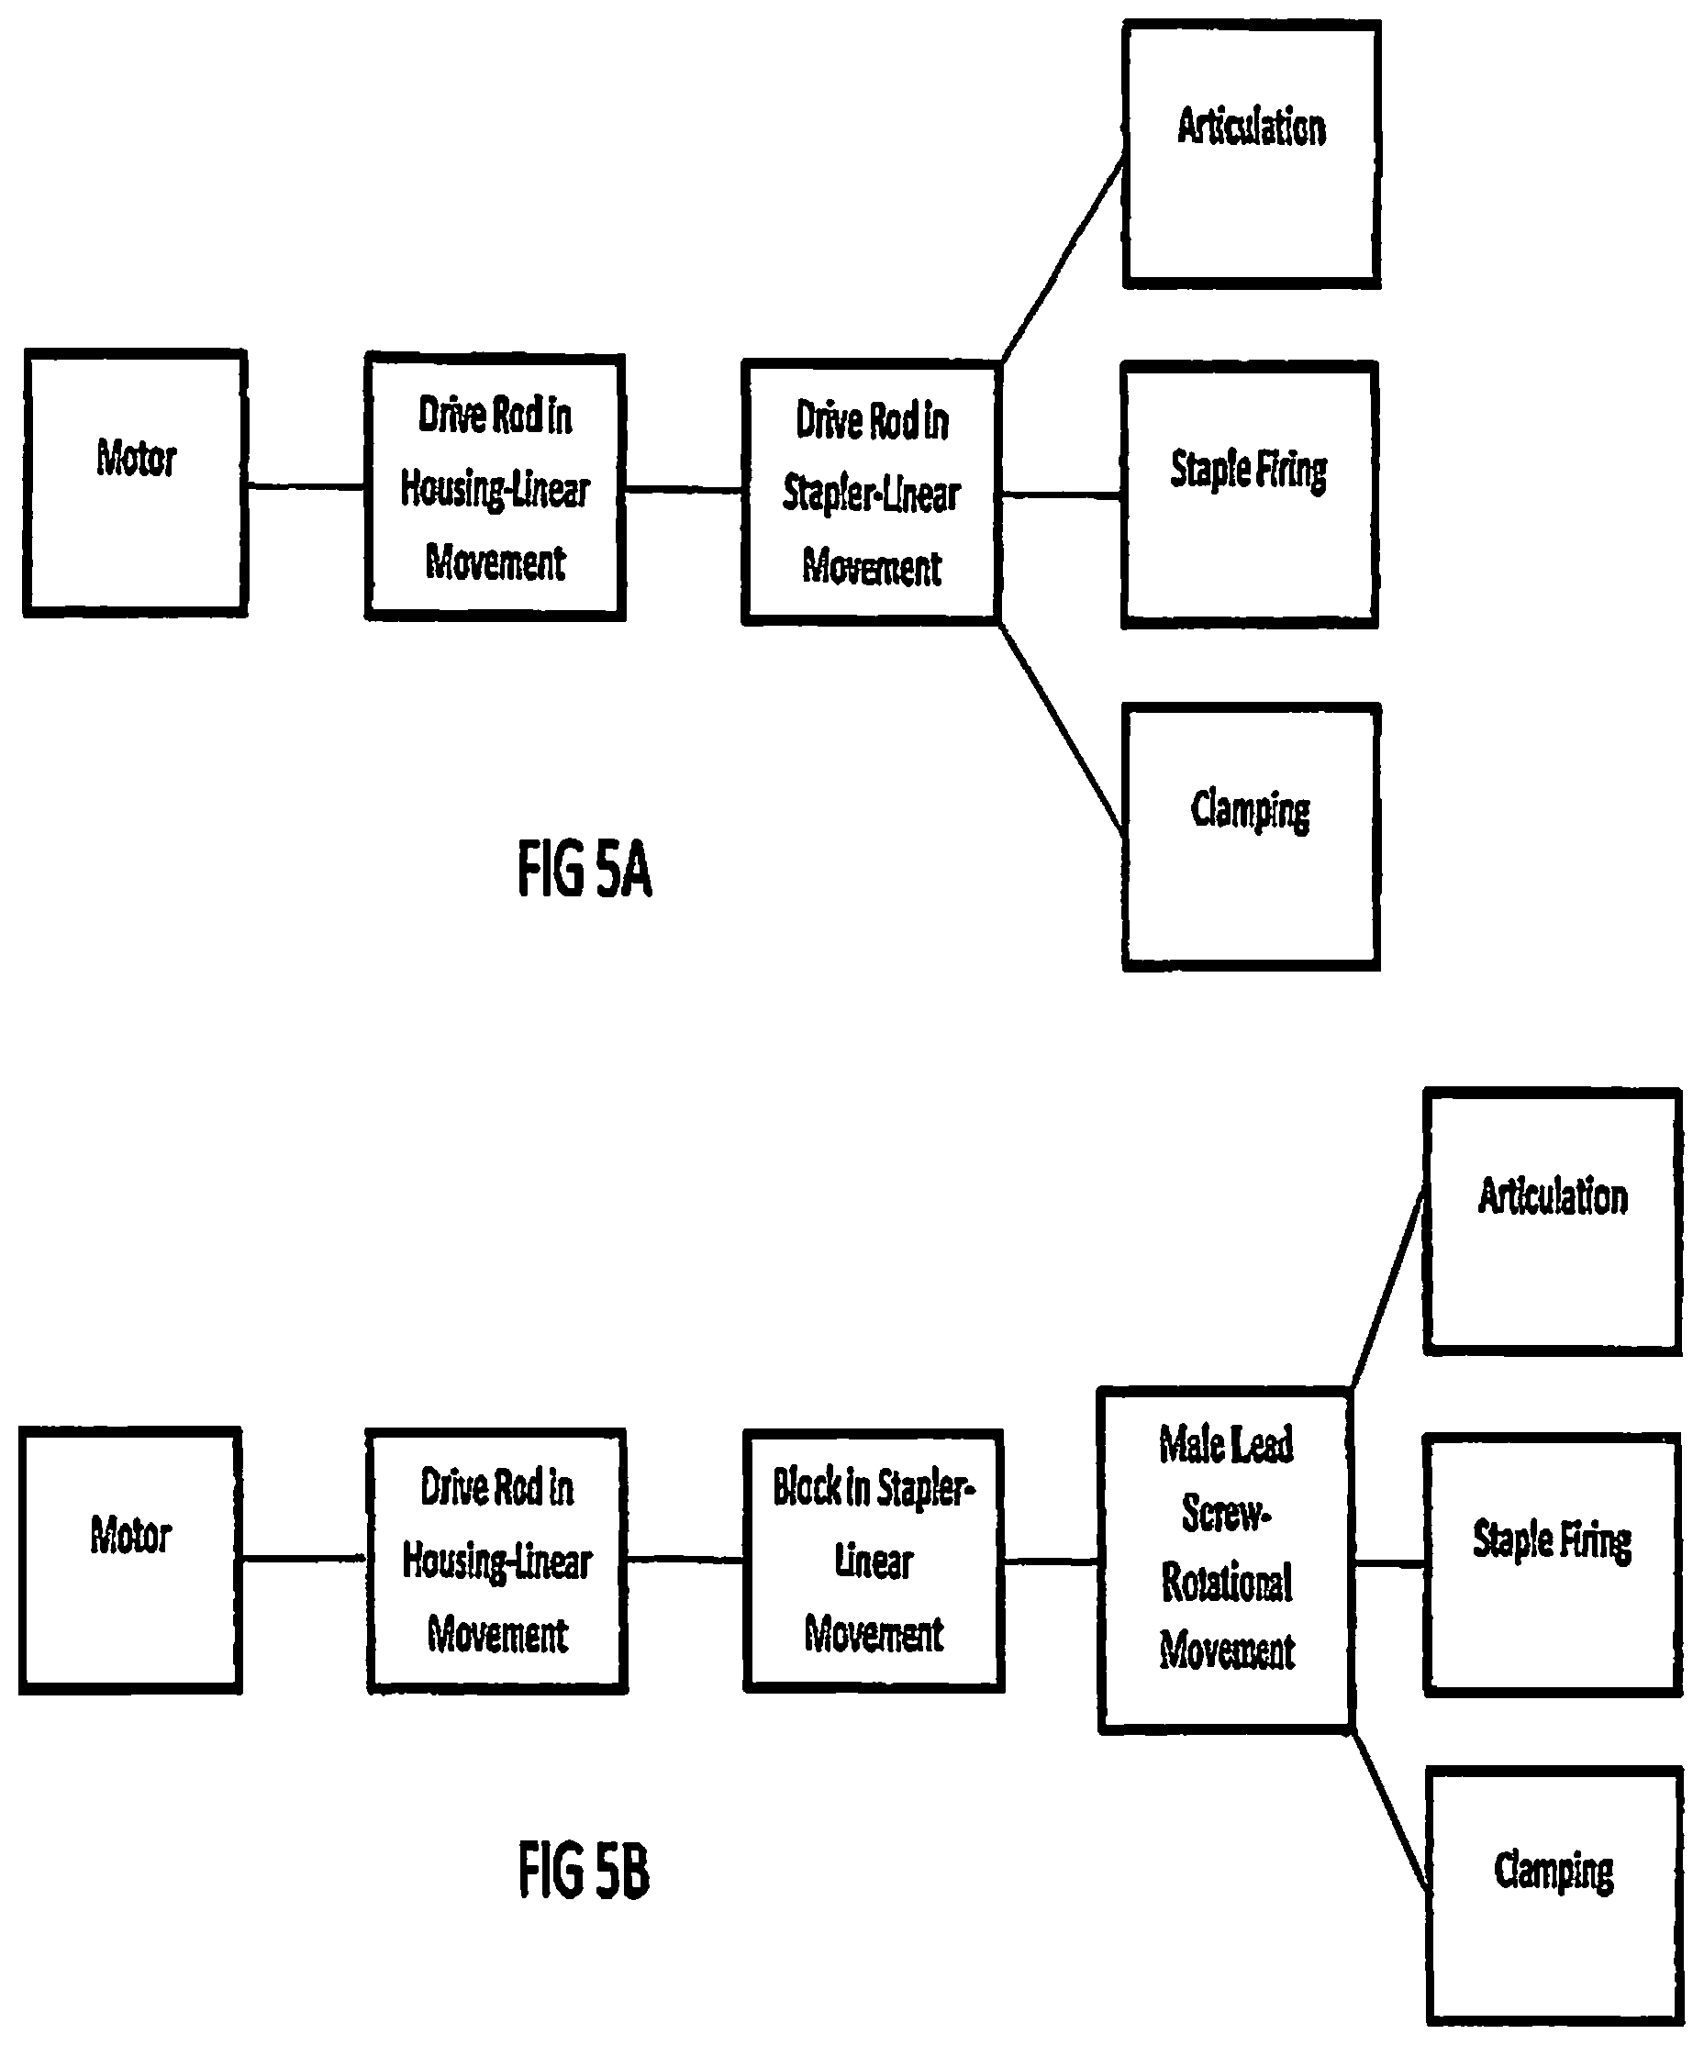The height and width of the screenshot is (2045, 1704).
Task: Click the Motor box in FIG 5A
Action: pos(134,483)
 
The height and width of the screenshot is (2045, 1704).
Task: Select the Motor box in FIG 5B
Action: pos(130,1560)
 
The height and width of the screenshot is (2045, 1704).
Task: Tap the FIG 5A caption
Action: pos(584,869)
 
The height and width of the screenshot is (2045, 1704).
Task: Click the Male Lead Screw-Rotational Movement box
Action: pos(1226,1560)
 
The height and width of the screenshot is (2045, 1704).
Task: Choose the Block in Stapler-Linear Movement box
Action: pos(874,1561)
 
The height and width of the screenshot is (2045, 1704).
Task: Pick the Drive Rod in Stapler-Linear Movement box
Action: pos(872,492)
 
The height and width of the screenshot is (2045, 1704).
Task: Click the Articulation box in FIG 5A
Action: pos(1252,154)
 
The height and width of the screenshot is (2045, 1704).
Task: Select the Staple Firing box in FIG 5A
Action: pos(1249,495)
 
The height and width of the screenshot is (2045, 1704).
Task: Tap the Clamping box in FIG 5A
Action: pos(1252,837)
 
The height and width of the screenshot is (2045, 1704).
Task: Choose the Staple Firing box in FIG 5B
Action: pos(1552,1565)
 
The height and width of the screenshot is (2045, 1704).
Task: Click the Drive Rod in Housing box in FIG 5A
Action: pos(495,487)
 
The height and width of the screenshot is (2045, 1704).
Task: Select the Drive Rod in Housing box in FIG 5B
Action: pos(496,1561)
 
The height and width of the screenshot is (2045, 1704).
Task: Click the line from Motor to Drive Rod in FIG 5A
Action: pos(306,485)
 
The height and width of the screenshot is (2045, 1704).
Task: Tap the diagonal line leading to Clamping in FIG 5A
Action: pos(1062,729)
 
